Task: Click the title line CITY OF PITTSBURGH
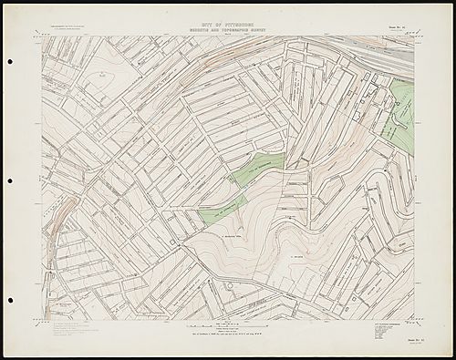pos(228,18)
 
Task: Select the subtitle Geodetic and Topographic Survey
pos(228,26)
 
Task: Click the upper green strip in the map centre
pos(257,168)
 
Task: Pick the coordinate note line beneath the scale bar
pos(228,336)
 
